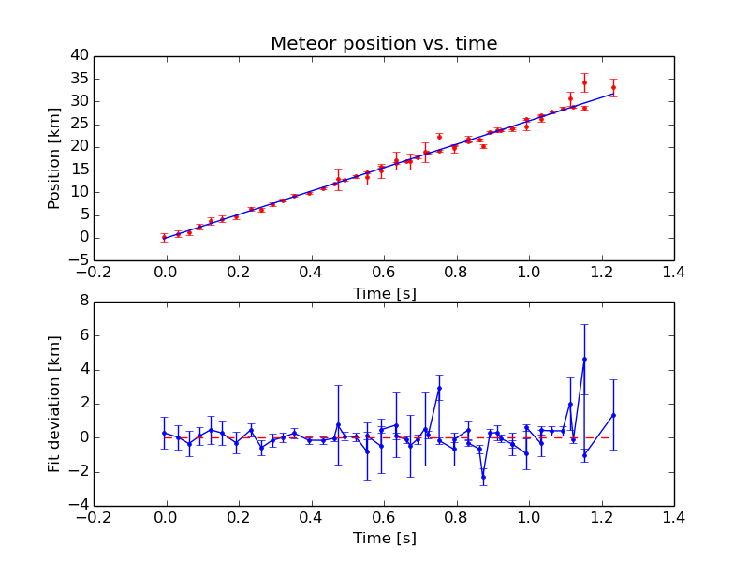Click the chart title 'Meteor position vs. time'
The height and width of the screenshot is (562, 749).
[x=384, y=43]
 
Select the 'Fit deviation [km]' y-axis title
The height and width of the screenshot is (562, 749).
[x=54, y=403]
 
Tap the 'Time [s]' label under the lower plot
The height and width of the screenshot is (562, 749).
[x=384, y=538]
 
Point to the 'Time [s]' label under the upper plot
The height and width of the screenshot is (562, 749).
[x=384, y=293]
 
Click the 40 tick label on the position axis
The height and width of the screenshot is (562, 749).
[x=78, y=56]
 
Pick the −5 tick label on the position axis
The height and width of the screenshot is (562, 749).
[x=78, y=259]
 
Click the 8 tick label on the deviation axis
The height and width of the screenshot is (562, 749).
[x=83, y=302]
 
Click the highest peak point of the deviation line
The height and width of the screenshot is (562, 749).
[x=584, y=359]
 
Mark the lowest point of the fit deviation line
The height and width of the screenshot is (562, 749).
[x=483, y=477]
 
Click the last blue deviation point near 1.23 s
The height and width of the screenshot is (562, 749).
[x=613, y=415]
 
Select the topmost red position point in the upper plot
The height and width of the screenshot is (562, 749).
[x=584, y=82]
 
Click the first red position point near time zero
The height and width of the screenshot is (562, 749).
[x=165, y=237]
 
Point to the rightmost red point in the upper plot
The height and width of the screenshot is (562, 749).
[x=613, y=87]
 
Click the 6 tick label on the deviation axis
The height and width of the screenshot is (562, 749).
[x=83, y=335]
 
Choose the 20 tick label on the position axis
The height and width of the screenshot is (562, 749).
[x=78, y=147]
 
